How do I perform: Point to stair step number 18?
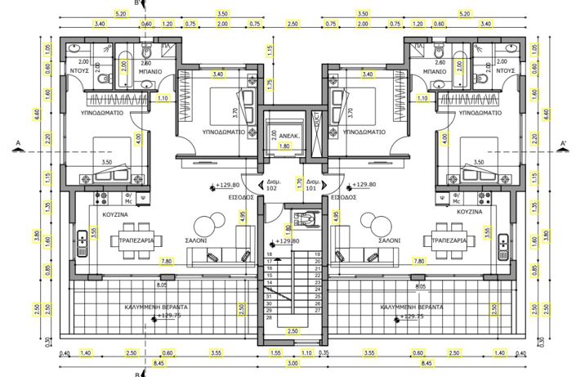pyautogui.click(x=269, y=255)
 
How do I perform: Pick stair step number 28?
pyautogui.click(x=269, y=317)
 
